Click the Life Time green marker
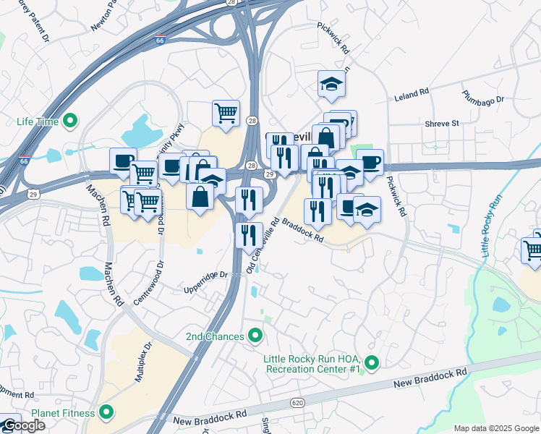[x=70, y=121]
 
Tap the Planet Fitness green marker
[x=106, y=413]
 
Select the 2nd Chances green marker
[x=255, y=336]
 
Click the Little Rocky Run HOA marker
[x=372, y=362]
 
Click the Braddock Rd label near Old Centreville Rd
[x=302, y=231]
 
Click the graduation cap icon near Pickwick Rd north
[x=331, y=84]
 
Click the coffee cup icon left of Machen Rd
[x=123, y=161]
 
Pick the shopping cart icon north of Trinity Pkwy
[x=226, y=113]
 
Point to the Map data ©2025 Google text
[x=495, y=428]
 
